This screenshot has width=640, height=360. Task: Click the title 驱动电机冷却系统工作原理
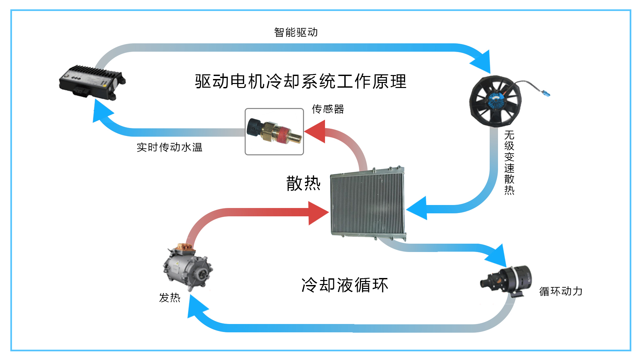pyautogui.click(x=301, y=81)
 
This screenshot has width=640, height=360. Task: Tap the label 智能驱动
pyautogui.click(x=296, y=32)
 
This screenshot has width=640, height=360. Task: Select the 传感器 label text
pyautogui.click(x=328, y=109)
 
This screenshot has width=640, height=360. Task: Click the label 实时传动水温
pyautogui.click(x=169, y=147)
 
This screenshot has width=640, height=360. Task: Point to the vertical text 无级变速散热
pyautogui.click(x=509, y=162)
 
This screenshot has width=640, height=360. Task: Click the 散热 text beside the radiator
pyautogui.click(x=303, y=183)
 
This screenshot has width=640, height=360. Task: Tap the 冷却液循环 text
pyautogui.click(x=345, y=285)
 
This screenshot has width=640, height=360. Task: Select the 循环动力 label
pyautogui.click(x=561, y=291)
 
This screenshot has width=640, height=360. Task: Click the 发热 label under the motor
pyautogui.click(x=169, y=297)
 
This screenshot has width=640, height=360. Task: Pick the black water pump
pyautogui.click(x=508, y=280)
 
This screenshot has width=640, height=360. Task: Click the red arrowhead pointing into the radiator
pyautogui.click(x=317, y=213)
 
